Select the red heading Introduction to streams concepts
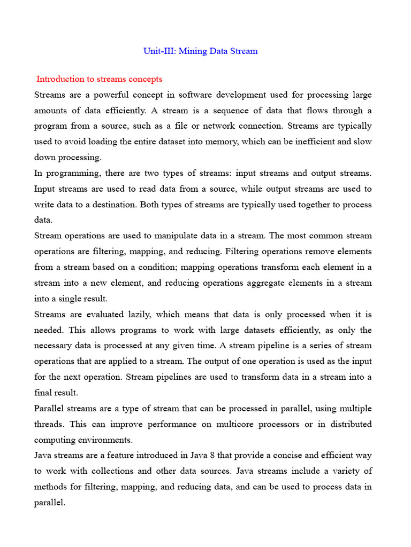(x=99, y=79)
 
